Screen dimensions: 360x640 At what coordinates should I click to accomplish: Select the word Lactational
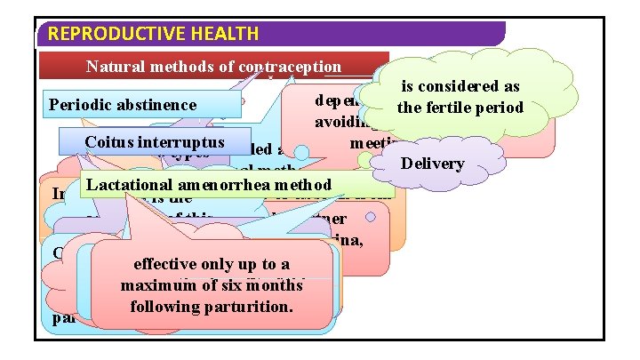128,184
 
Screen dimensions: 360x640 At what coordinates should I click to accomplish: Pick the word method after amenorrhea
307,184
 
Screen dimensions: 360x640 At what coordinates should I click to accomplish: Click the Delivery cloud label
433,164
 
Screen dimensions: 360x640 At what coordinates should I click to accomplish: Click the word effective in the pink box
166,264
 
